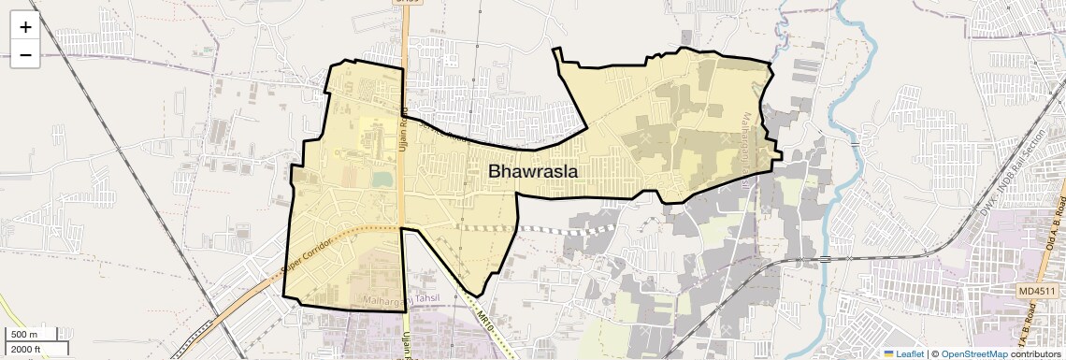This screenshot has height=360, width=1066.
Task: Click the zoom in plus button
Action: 25,28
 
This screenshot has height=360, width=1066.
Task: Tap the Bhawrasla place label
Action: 532,172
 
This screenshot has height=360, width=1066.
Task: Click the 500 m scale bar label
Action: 24,335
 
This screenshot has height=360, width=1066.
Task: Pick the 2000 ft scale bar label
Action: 26,349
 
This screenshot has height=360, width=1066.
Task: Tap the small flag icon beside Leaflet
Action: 888,353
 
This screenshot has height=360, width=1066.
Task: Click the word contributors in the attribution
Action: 1035,353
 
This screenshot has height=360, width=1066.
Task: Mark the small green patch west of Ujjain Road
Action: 382,178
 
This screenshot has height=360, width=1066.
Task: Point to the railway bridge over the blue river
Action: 827,258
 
